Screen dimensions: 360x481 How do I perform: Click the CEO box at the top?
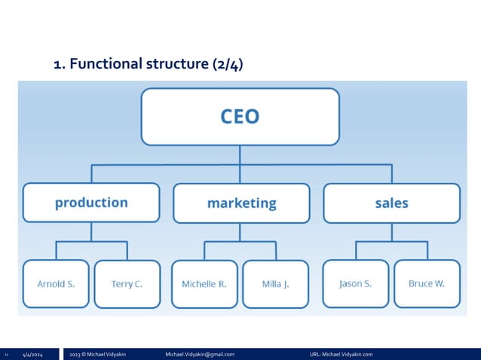(240, 117)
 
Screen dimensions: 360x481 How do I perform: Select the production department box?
(91, 203)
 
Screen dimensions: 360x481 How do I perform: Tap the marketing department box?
(241, 203)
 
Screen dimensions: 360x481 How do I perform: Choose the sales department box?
(391, 203)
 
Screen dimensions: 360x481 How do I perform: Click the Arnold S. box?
(56, 284)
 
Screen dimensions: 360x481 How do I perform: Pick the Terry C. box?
(127, 284)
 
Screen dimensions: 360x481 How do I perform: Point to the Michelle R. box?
(204, 284)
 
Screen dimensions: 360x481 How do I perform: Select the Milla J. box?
(275, 284)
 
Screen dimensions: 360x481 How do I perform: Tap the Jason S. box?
(355, 284)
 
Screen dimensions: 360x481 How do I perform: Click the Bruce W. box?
(427, 284)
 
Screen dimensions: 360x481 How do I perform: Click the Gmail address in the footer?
(200, 354)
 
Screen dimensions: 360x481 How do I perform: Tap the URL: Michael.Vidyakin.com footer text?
(341, 354)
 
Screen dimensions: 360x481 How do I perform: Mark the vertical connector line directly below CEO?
(240, 154)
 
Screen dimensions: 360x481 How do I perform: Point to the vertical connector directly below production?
(91, 231)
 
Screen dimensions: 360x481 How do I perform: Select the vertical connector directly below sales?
(392, 231)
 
